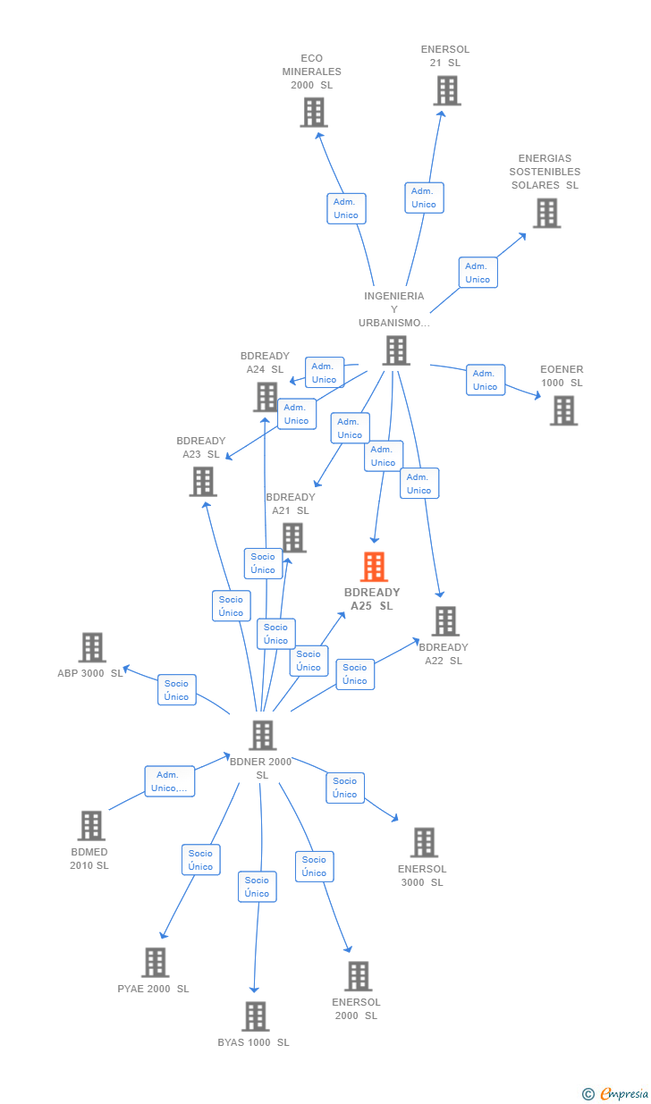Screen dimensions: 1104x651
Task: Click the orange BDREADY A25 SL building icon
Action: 374,567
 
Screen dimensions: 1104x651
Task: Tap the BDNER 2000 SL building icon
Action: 262,735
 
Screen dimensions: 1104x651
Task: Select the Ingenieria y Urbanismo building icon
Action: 396,350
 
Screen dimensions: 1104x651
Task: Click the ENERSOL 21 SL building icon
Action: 446,90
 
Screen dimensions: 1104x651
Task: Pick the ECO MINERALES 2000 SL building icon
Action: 313,113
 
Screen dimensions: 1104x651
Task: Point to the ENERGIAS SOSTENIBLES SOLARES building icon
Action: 546,213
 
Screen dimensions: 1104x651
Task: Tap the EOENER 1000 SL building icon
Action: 563,410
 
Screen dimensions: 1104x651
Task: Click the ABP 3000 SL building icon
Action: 92,647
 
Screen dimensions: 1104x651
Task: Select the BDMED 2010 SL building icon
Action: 91,826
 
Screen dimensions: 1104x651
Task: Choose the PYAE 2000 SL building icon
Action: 155,963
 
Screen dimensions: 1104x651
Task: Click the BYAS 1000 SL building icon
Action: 256,1016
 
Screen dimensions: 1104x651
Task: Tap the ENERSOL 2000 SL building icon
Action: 358,976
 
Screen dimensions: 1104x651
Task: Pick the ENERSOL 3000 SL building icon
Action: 423,842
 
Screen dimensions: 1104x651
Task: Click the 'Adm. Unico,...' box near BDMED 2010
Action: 170,781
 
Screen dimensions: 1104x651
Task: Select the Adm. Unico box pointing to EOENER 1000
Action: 486,380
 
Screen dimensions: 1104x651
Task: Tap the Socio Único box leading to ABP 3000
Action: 177,690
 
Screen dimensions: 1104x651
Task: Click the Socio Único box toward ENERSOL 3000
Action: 345,788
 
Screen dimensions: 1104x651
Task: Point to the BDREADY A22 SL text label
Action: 444,654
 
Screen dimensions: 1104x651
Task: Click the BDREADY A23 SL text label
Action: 201,448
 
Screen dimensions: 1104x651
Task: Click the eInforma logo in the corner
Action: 617,1093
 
